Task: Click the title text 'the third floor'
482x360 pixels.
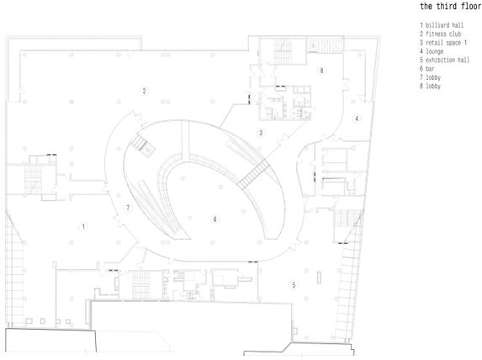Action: (451, 6)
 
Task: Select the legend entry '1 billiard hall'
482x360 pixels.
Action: (442, 25)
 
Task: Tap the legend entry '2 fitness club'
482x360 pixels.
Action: (441, 34)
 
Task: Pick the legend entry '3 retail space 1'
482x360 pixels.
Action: (443, 42)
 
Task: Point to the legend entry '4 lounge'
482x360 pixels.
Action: (432, 51)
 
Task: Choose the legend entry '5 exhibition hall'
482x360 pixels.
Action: (444, 60)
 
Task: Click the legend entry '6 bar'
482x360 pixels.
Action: (427, 69)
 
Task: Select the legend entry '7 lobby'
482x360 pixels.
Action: (431, 77)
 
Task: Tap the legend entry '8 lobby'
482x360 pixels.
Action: (431, 86)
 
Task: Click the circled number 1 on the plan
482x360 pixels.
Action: (83, 227)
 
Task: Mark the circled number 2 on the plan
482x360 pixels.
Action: (144, 91)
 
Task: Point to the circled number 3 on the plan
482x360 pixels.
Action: (261, 133)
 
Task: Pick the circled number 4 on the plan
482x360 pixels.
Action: (357, 119)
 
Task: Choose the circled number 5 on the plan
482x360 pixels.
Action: (294, 285)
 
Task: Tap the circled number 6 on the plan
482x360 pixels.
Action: (215, 220)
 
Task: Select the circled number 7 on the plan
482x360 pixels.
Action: (128, 208)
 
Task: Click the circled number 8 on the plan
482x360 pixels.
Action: (321, 71)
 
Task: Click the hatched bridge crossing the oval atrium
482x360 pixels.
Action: (253, 174)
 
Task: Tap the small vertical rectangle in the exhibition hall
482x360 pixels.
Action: (319, 278)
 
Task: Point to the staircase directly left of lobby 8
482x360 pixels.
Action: (283, 51)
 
